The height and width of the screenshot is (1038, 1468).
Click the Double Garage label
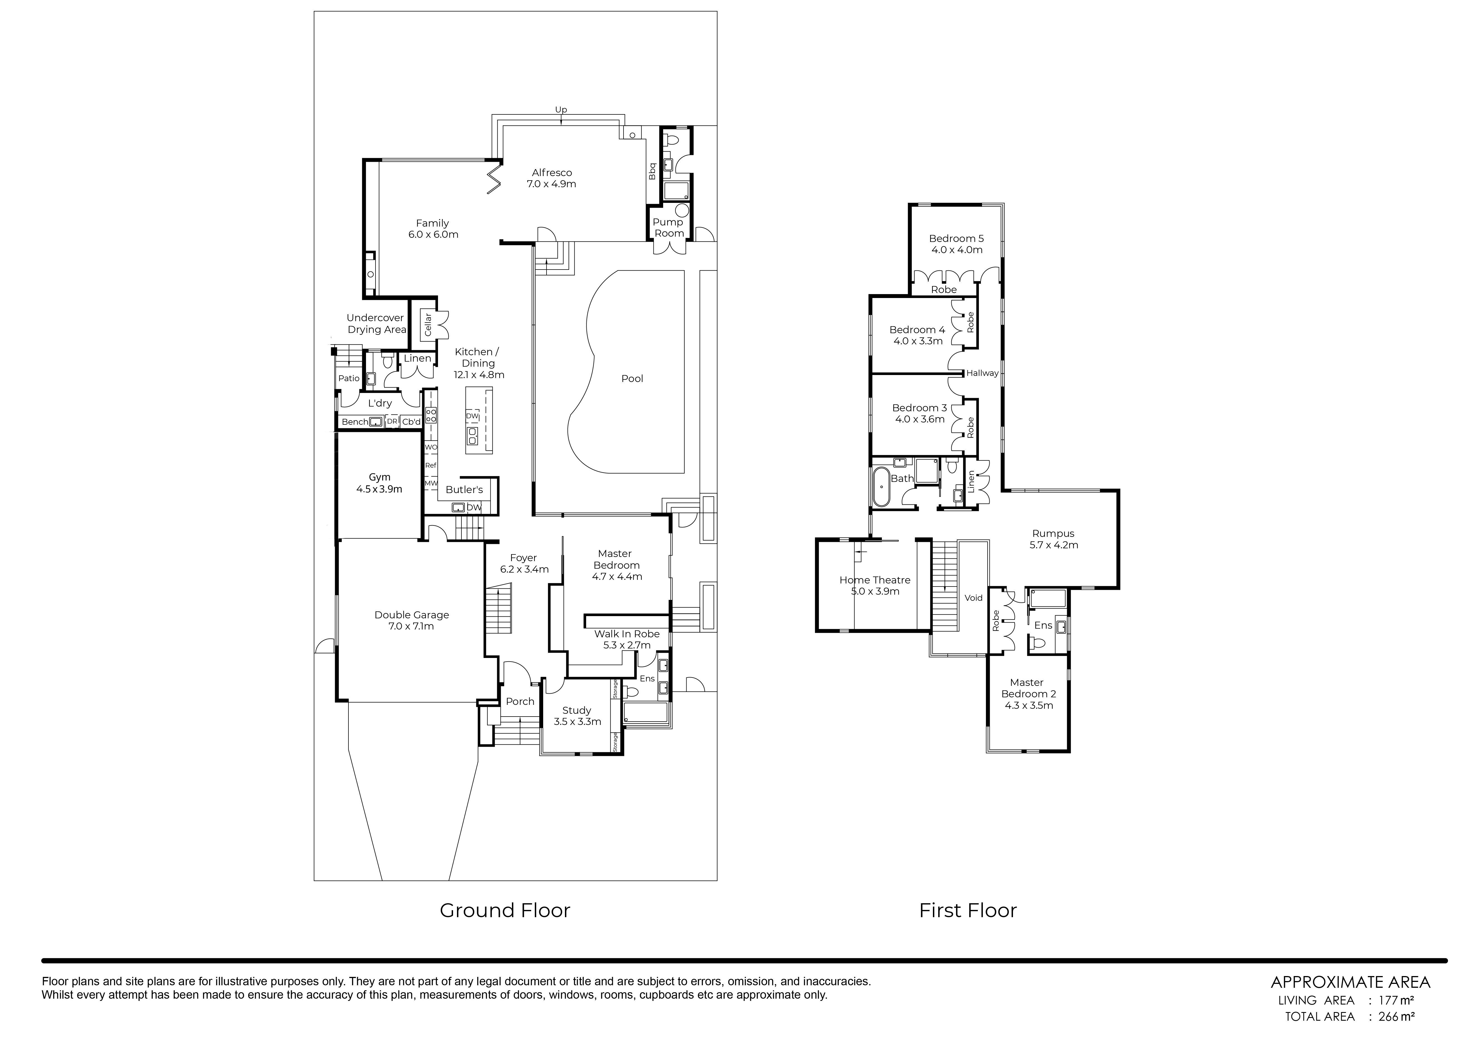tap(412, 620)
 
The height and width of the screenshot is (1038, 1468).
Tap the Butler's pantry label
tap(464, 489)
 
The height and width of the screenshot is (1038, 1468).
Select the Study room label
tap(577, 716)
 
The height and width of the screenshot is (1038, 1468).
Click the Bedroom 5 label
tap(957, 244)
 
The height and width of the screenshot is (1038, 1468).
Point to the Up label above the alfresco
tap(561, 109)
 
